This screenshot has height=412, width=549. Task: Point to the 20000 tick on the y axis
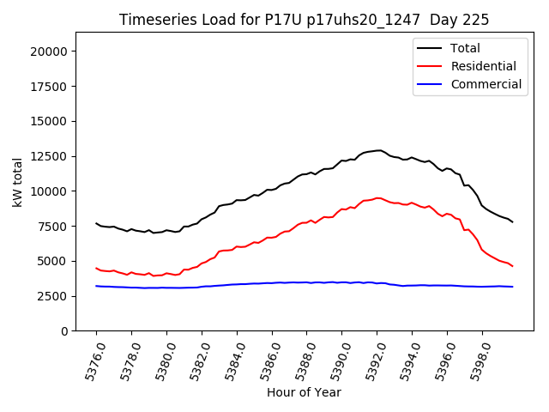[x=50, y=51]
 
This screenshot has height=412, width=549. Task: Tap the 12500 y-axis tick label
[x=50, y=156]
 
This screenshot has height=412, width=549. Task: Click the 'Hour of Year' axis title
[x=304, y=392]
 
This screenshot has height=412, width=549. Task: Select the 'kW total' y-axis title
[x=18, y=181]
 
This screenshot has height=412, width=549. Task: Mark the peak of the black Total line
[x=378, y=150]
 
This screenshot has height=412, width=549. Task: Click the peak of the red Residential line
[x=377, y=198]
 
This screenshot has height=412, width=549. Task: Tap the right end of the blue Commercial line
[x=513, y=287]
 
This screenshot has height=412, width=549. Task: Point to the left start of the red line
[x=96, y=268]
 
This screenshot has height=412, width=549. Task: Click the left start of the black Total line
[x=96, y=223]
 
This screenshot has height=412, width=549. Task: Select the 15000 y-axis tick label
[x=50, y=121]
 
